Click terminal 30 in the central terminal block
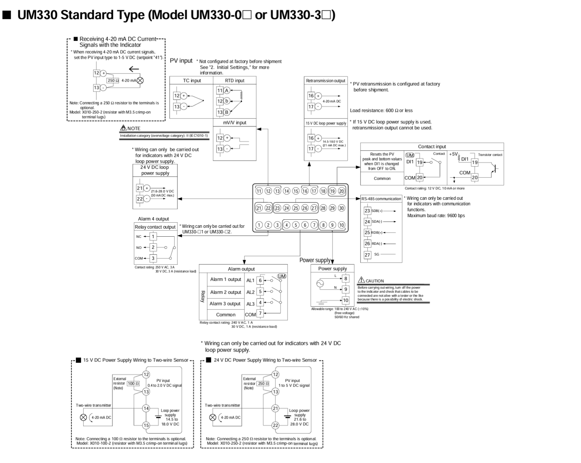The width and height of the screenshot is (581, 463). [x=341, y=208]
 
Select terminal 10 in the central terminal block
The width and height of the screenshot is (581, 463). [x=341, y=225]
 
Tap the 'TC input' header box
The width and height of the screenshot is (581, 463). [x=192, y=80]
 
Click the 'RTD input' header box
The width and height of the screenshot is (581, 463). [x=234, y=80]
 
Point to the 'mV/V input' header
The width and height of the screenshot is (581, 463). [x=234, y=123]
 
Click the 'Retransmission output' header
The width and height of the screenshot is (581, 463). [x=326, y=80]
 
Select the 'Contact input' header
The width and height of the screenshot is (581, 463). [x=432, y=147]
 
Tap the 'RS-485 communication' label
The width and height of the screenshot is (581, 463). [x=381, y=199]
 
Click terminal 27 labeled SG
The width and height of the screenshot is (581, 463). [x=367, y=255]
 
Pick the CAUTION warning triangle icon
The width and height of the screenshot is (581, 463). [x=361, y=280]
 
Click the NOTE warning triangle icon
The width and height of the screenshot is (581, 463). [x=123, y=128]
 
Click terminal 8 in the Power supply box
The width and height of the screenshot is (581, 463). [x=345, y=278]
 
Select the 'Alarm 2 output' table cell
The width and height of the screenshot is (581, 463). [x=225, y=292]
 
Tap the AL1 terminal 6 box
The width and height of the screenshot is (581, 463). [x=260, y=280]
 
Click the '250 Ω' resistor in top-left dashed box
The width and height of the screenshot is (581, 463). [x=113, y=80]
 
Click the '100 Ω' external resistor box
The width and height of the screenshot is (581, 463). [x=133, y=384]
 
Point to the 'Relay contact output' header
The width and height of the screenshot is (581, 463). [x=155, y=227]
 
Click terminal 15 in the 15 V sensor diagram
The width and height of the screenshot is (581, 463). [x=146, y=425]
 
